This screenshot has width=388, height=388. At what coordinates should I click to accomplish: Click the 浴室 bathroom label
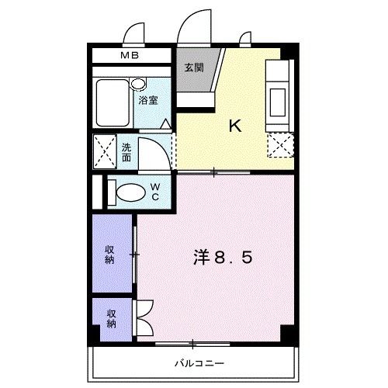tap(149, 101)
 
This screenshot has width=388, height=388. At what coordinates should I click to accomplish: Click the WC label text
tap(155, 191)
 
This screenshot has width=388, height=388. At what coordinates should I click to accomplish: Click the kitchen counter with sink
tap(278, 95)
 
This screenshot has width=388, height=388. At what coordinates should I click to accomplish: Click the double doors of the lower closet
tap(144, 317)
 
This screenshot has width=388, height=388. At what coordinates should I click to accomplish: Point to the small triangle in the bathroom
tap(166, 123)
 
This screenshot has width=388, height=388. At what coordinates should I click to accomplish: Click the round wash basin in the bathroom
tap(138, 83)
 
